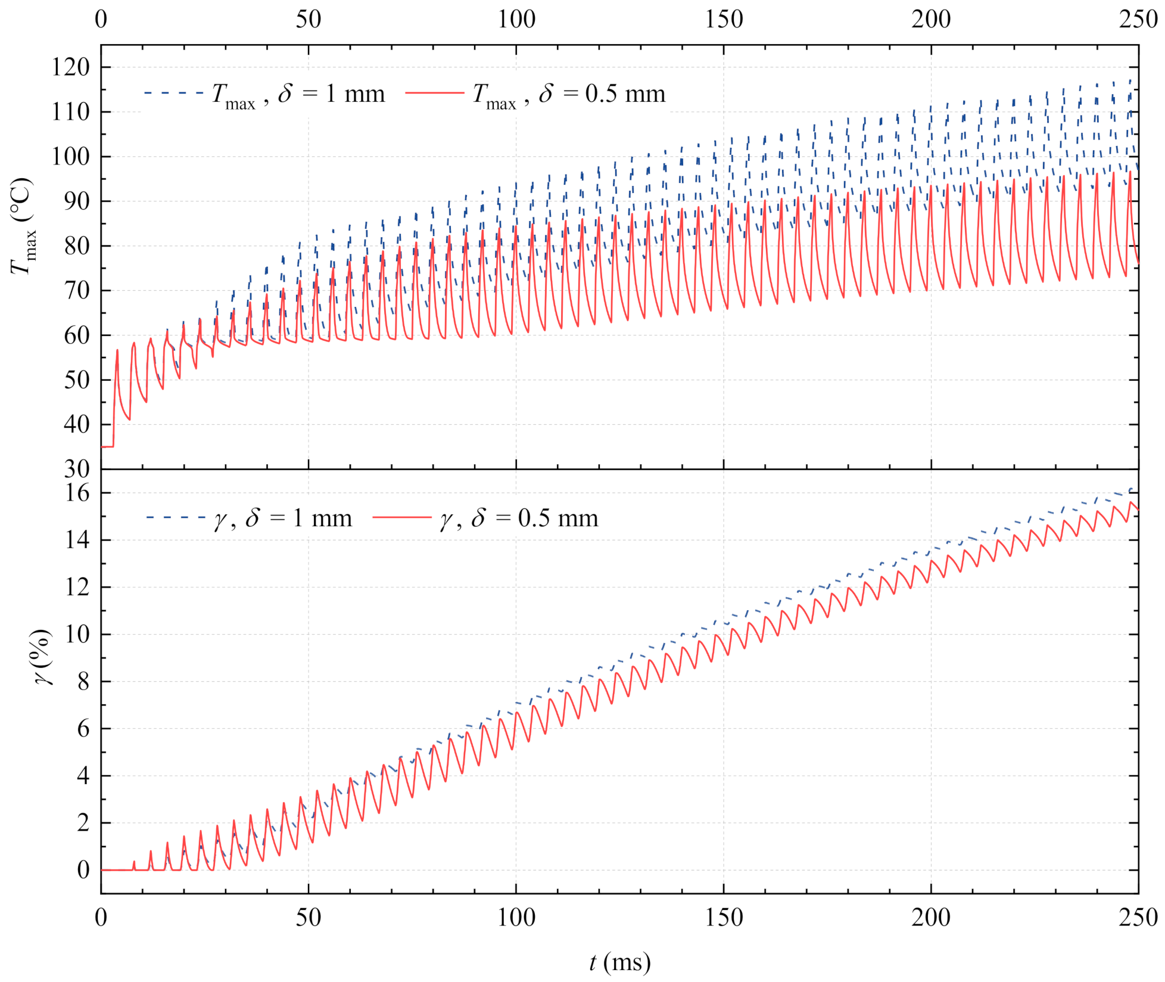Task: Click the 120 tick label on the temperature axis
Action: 70,67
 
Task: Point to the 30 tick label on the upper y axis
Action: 77,470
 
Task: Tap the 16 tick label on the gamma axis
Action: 77,493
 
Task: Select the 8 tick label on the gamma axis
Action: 83,682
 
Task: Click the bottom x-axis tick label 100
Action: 516,917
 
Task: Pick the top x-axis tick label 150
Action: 724,20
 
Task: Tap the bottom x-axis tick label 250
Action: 1138,917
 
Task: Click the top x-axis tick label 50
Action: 308,20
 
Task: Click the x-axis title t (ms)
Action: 619,962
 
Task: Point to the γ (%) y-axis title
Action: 42,657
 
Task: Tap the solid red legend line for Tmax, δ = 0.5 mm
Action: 434,94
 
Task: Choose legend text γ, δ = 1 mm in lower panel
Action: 283,518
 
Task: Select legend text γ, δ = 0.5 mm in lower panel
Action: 519,518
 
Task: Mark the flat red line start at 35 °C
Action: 107,446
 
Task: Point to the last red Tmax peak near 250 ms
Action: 1129,173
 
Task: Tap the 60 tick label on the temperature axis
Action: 77,335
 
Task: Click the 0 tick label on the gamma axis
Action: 83,870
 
